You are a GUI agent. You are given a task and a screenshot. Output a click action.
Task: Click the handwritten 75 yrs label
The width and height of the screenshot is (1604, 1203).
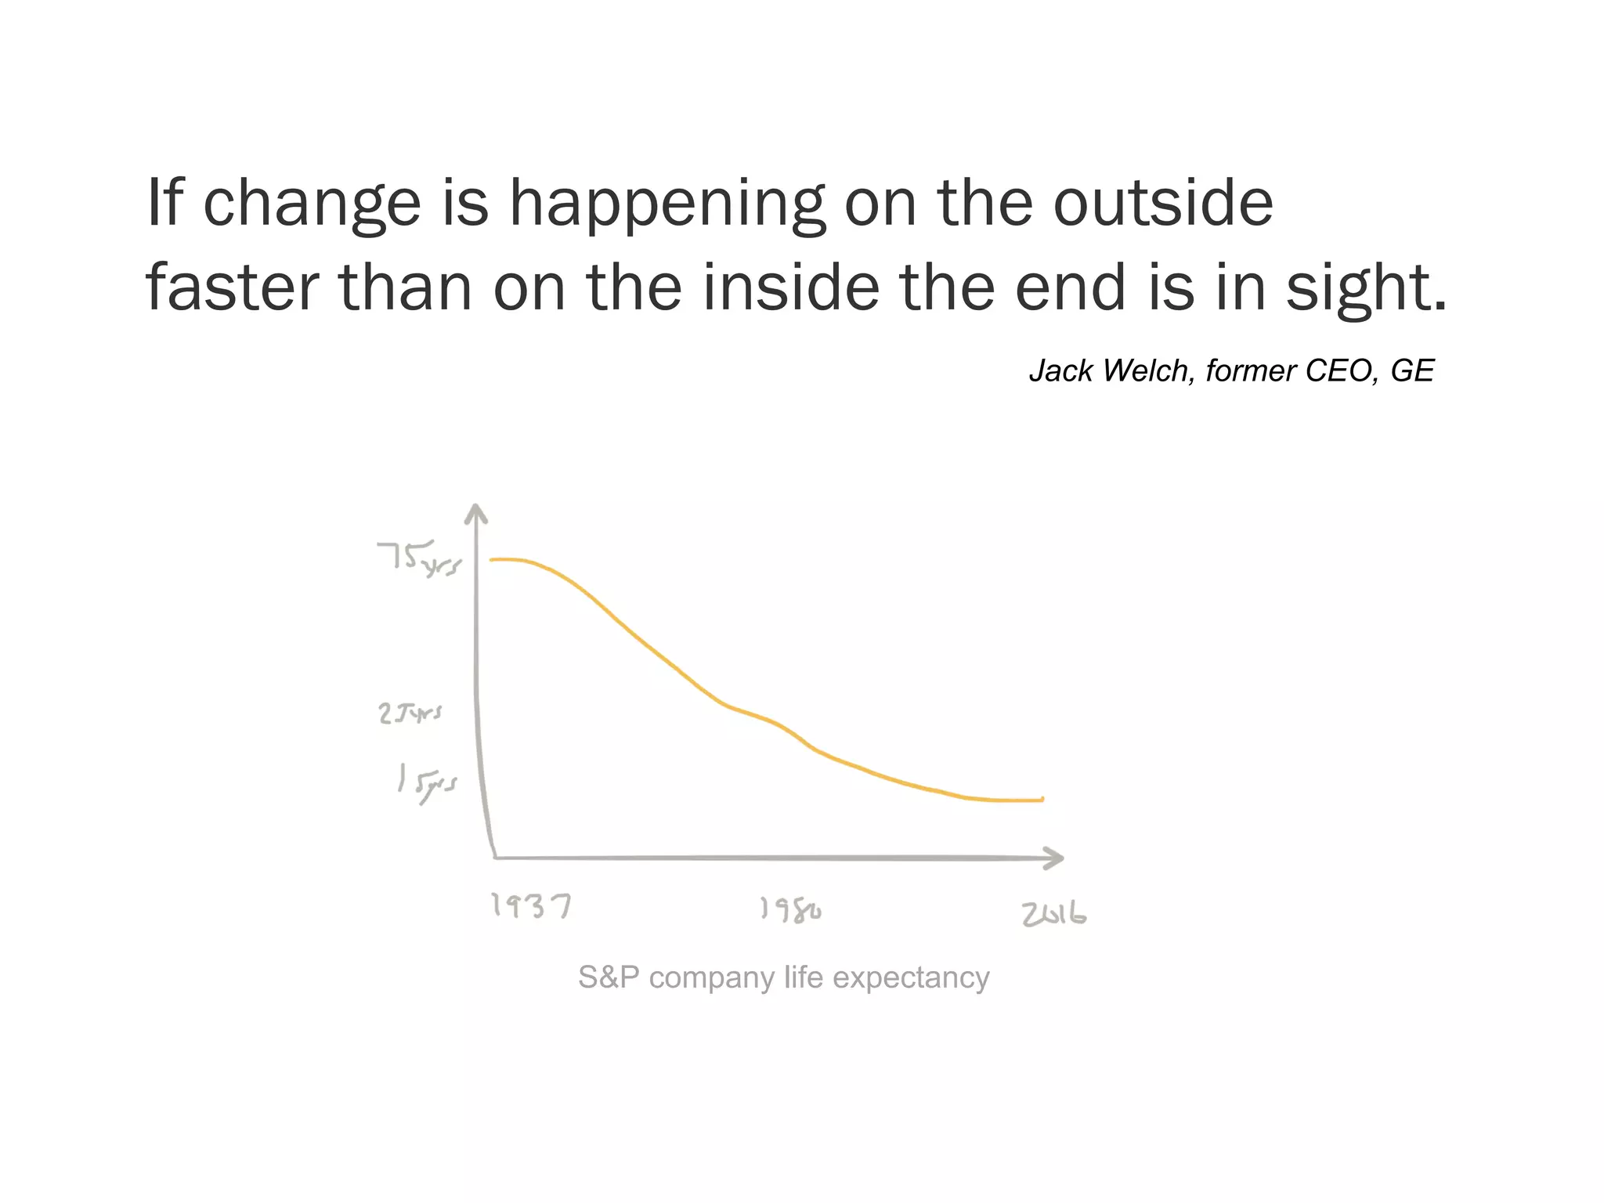click(x=419, y=558)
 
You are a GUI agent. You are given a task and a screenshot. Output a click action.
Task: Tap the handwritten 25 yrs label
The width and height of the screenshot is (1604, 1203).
click(x=410, y=713)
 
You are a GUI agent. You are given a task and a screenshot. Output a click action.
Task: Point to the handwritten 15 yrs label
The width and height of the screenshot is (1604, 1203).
click(x=426, y=782)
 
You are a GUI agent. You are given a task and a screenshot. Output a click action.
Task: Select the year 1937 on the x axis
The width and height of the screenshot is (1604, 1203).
click(x=531, y=906)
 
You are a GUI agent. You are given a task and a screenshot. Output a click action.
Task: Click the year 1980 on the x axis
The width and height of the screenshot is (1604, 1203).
click(x=790, y=910)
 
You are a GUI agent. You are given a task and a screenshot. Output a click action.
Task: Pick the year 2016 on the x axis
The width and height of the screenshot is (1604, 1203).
click(x=1053, y=915)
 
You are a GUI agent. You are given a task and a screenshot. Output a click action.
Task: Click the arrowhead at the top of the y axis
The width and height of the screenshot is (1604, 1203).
click(x=476, y=513)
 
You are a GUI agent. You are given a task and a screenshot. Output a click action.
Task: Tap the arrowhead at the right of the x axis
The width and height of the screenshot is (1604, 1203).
click(x=1056, y=858)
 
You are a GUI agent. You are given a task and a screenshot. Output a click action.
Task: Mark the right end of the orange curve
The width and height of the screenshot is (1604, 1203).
click(x=1042, y=800)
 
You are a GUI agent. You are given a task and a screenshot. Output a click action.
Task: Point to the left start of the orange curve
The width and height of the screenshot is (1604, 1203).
click(x=493, y=560)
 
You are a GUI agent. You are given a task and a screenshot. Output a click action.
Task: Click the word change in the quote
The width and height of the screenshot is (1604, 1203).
click(x=312, y=204)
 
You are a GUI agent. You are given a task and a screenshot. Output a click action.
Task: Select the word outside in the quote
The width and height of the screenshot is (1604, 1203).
click(x=1162, y=202)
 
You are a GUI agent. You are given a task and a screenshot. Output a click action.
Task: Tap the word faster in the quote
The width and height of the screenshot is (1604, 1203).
click(x=232, y=287)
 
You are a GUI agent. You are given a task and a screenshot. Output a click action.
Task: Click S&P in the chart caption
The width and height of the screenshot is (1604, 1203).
click(x=609, y=977)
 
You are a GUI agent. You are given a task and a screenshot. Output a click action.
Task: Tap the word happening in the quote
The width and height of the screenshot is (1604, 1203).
click(x=667, y=204)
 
